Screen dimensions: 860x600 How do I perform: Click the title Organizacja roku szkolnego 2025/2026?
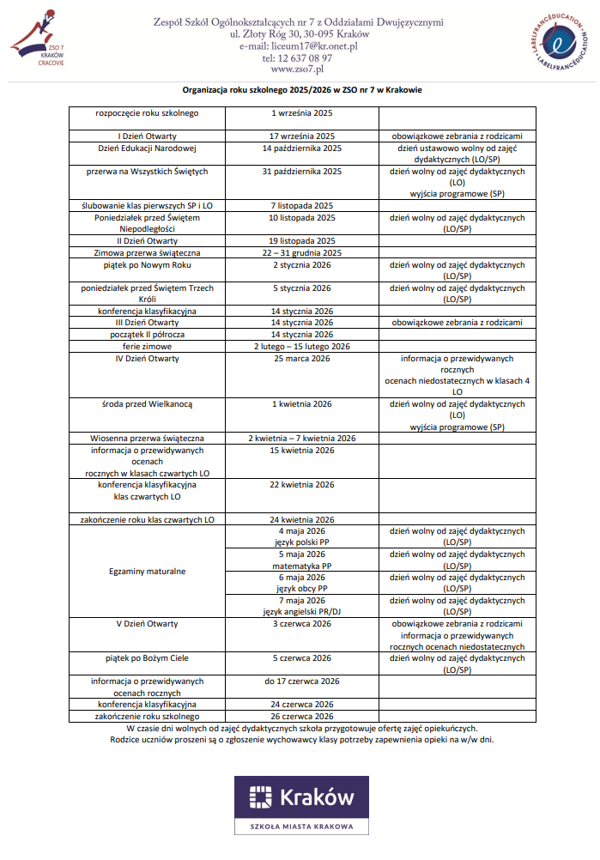pyautogui.click(x=301, y=90)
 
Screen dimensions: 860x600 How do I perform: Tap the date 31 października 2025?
pyautogui.click(x=301, y=171)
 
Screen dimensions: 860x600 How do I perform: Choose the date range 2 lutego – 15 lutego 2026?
pyautogui.click(x=301, y=346)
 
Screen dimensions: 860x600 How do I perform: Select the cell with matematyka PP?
pyautogui.click(x=301, y=560)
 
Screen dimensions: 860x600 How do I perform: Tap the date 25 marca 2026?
pyautogui.click(x=301, y=358)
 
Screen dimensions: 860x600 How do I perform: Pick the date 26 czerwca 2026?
pyautogui.click(x=301, y=716)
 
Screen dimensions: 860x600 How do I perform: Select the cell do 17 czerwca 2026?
pyautogui.click(x=301, y=681)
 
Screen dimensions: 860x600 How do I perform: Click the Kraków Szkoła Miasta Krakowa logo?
pyautogui.click(x=300, y=804)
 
